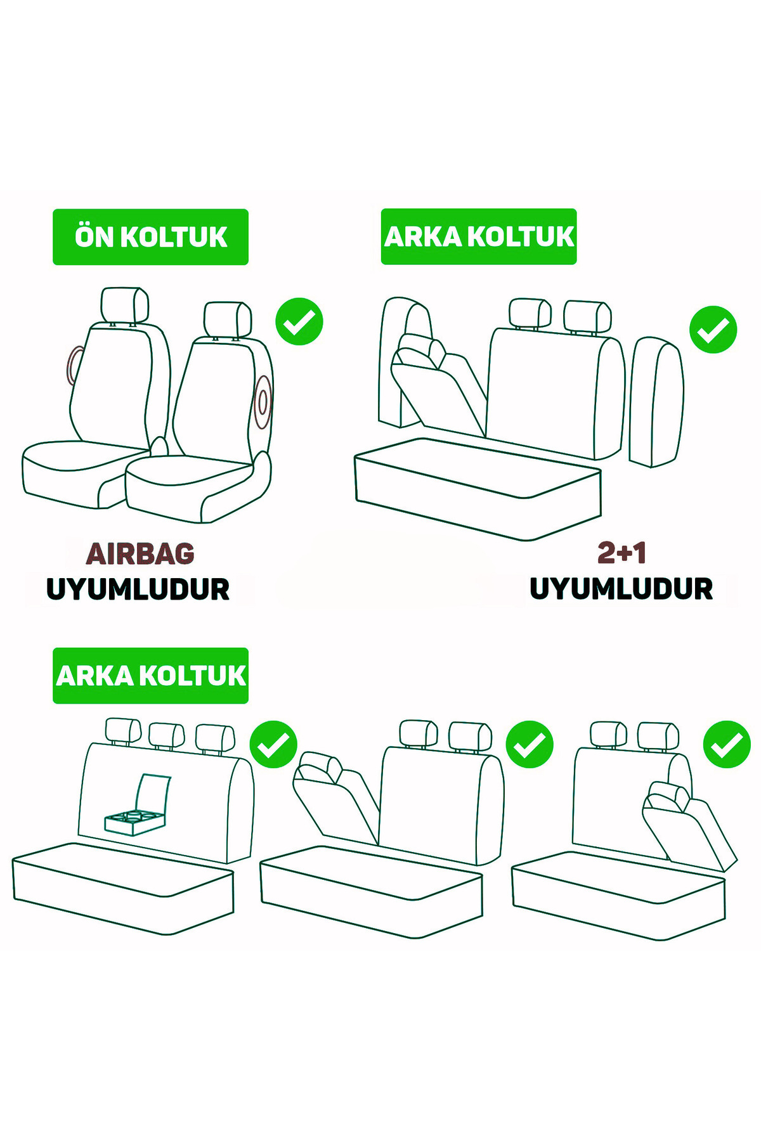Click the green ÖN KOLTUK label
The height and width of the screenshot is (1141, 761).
click(x=150, y=236)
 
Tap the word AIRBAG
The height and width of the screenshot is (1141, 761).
click(x=140, y=554)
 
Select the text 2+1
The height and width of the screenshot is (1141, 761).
click(x=621, y=553)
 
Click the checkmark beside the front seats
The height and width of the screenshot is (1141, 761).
click(x=299, y=321)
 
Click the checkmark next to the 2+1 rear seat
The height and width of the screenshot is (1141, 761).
click(x=713, y=330)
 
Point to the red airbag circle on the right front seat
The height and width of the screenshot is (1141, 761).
click(x=262, y=403)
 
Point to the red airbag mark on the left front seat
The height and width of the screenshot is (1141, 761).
click(x=75, y=366)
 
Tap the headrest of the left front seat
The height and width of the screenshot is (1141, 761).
click(x=124, y=305)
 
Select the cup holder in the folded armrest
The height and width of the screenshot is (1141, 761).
click(x=134, y=822)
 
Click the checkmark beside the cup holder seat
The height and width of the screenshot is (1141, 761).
click(x=273, y=744)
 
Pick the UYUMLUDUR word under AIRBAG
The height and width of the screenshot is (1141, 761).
click(x=138, y=590)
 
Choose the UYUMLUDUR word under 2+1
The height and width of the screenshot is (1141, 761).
click(x=621, y=589)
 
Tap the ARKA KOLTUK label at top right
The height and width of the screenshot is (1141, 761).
click(x=478, y=236)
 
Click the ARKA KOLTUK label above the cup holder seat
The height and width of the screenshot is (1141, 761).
click(x=150, y=676)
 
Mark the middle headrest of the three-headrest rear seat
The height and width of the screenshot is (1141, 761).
click(x=166, y=735)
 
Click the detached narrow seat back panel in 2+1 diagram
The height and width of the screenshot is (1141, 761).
click(x=656, y=403)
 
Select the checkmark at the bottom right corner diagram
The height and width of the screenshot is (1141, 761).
click(x=727, y=744)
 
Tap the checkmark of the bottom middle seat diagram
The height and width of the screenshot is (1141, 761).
click(x=529, y=744)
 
